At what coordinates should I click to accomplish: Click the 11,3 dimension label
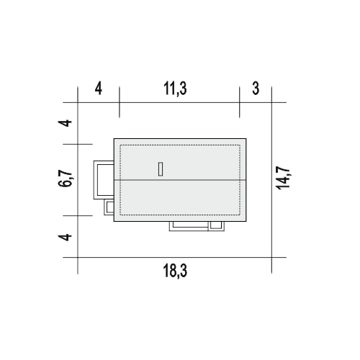(x=175, y=89)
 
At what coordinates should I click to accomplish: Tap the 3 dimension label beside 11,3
(x=256, y=88)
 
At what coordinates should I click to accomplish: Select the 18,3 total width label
(x=175, y=271)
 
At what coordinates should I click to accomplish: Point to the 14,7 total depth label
(x=284, y=178)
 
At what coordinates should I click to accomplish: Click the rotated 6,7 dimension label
(x=66, y=179)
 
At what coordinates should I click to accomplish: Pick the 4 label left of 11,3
(x=99, y=89)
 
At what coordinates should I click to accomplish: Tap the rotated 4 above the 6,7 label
(x=65, y=123)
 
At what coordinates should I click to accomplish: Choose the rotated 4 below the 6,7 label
(x=65, y=237)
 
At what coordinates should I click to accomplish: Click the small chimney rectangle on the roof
(x=161, y=169)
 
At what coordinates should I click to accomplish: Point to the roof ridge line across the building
(x=180, y=180)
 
